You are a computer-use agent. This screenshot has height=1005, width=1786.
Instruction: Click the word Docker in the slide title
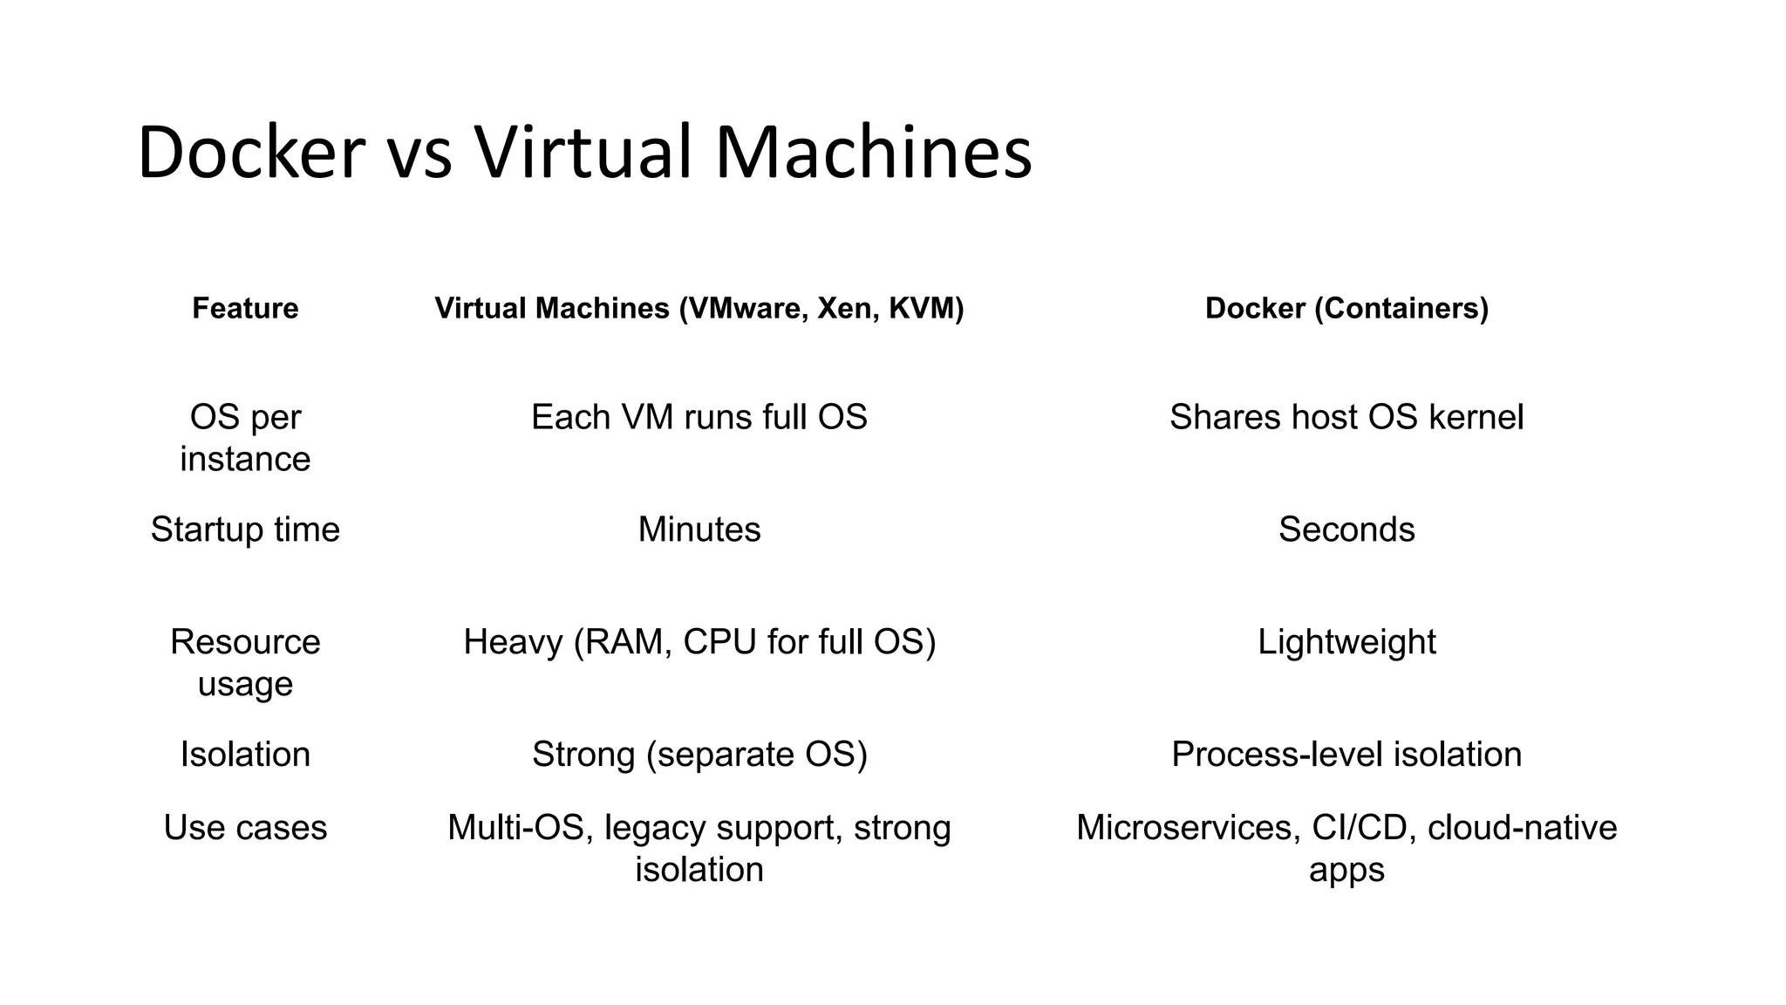coord(250,153)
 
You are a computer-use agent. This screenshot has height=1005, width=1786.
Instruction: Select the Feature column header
coord(245,308)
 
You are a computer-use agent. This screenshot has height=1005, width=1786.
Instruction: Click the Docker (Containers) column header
coord(1346,308)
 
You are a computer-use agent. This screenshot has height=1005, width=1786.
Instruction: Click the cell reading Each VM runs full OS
coord(699,417)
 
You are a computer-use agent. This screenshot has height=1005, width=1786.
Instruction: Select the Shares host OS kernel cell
coord(1346,417)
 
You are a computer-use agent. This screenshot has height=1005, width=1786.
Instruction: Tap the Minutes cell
coord(699,530)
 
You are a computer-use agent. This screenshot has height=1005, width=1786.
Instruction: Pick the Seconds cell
coord(1346,530)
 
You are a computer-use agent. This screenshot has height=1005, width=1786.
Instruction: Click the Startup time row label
coord(245,530)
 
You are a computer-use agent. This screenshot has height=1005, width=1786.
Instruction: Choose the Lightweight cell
coord(1346,642)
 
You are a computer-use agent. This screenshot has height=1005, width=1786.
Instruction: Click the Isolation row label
coord(245,755)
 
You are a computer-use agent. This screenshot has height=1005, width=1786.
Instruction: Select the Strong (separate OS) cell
coord(699,755)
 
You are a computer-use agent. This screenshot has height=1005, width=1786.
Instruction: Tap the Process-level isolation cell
coord(1346,755)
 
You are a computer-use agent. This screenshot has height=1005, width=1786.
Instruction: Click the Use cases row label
coord(245,828)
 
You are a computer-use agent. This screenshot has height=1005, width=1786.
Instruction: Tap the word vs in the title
coord(419,153)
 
